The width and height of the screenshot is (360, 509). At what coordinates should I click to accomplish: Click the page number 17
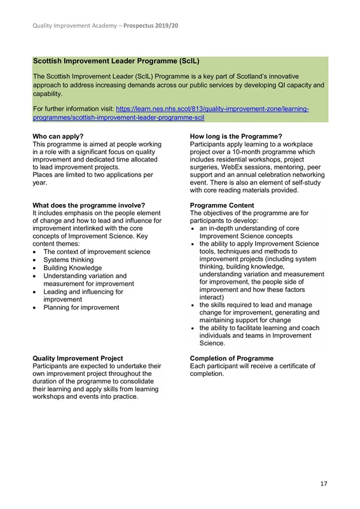323,484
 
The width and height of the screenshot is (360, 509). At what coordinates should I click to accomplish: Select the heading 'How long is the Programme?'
236,136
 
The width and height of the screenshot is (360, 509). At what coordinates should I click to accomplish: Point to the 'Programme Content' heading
222,205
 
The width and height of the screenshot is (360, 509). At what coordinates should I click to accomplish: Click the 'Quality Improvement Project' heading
77,358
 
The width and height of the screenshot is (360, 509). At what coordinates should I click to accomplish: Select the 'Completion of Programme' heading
232,358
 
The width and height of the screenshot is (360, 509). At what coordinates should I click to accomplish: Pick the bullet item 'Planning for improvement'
81,307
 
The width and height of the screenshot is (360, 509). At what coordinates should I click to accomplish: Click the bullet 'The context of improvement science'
97,252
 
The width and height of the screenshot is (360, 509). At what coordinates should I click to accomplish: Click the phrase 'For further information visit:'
73,109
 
